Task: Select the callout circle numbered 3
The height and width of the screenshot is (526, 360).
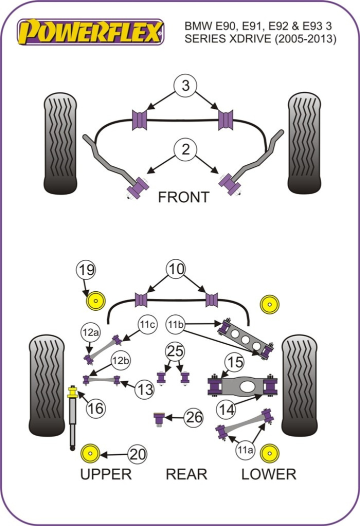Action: coord(185,85)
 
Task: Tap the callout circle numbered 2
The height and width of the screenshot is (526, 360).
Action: coord(185,149)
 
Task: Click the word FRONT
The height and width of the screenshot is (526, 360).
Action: coord(183,197)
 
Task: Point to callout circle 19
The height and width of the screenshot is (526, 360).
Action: coord(86,270)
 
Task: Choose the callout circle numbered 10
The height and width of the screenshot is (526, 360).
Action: coord(176,270)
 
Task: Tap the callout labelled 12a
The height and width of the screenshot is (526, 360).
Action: coord(90,332)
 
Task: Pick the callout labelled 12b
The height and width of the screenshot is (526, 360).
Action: coord(120,360)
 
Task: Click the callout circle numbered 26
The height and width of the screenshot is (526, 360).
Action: coord(193,417)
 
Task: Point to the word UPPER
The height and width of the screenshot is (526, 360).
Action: coord(105,474)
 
